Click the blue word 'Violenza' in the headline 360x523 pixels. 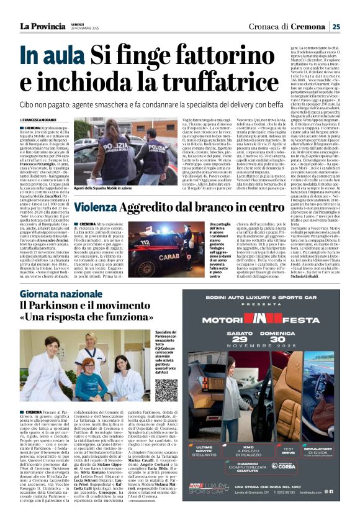[101, 207]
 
